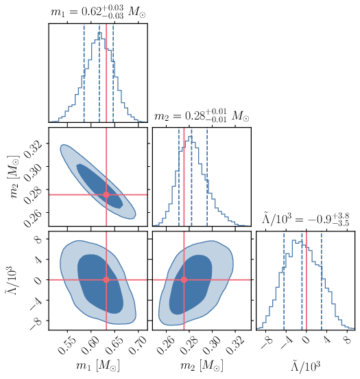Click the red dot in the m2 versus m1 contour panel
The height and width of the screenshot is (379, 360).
click(x=106, y=194)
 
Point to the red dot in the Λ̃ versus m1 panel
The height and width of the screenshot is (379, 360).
click(x=106, y=279)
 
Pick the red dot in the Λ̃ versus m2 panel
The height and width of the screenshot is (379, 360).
click(x=184, y=279)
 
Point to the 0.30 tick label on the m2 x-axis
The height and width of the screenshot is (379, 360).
click(x=213, y=341)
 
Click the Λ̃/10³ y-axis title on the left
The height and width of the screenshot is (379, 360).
click(x=13, y=279)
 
